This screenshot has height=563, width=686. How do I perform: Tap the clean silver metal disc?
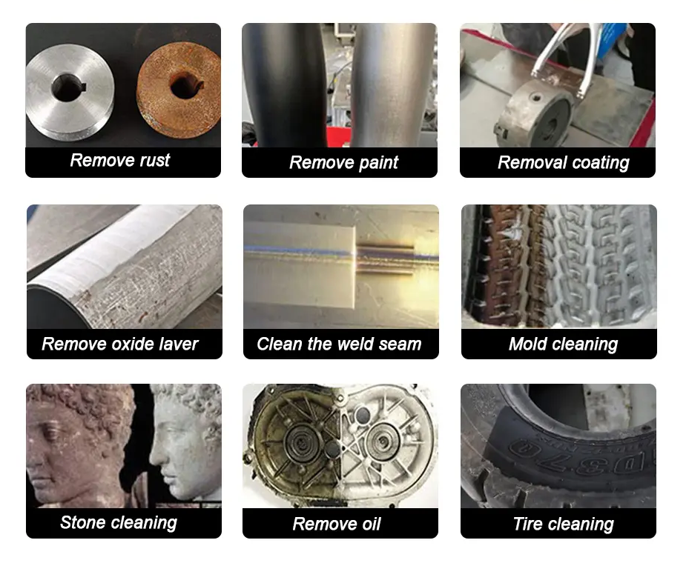pyautogui.click(x=70, y=92)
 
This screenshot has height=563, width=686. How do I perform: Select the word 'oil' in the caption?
pyautogui.click(x=369, y=524)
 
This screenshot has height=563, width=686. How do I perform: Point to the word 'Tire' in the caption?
pyautogui.click(x=527, y=524)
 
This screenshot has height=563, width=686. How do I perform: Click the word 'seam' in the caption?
pyautogui.click(x=400, y=344)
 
